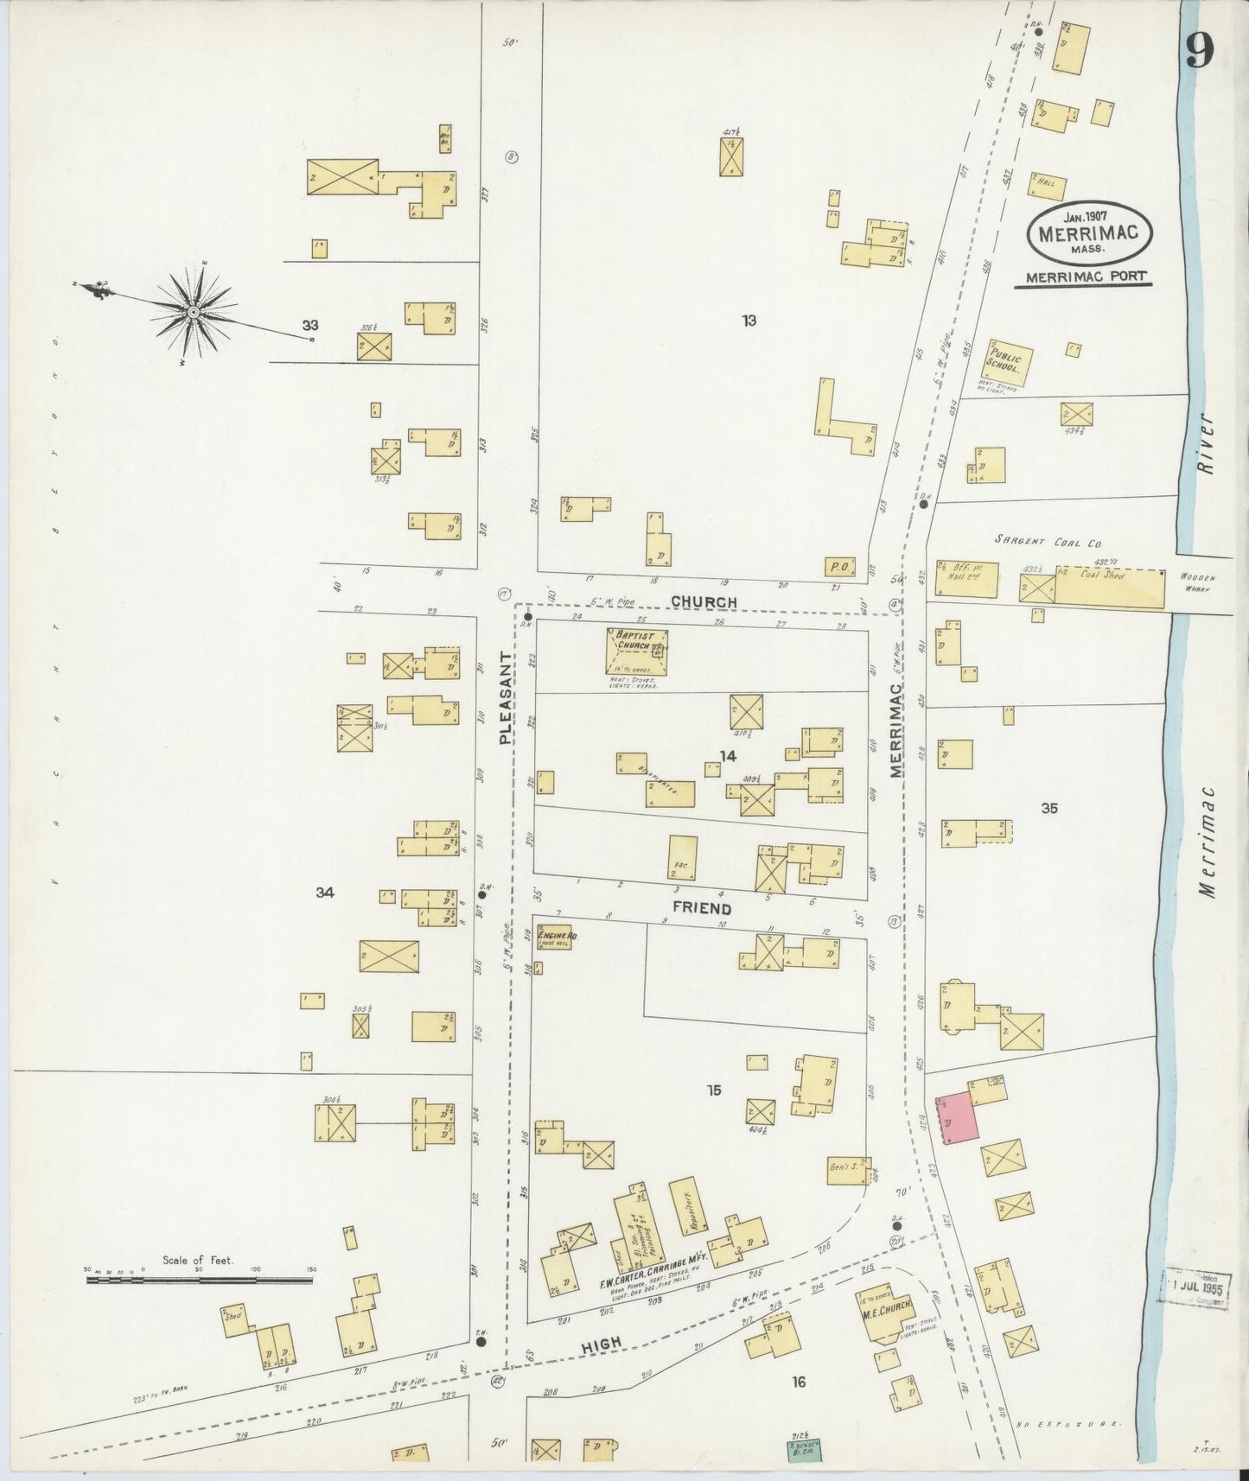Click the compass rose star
pos(194,312)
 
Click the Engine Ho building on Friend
pos(553,937)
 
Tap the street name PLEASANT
pos(507,698)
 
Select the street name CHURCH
pos(704,602)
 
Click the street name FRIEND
pos(702,909)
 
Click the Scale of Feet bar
pos(199,1280)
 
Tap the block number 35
pos(1049,809)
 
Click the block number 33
pos(310,325)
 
